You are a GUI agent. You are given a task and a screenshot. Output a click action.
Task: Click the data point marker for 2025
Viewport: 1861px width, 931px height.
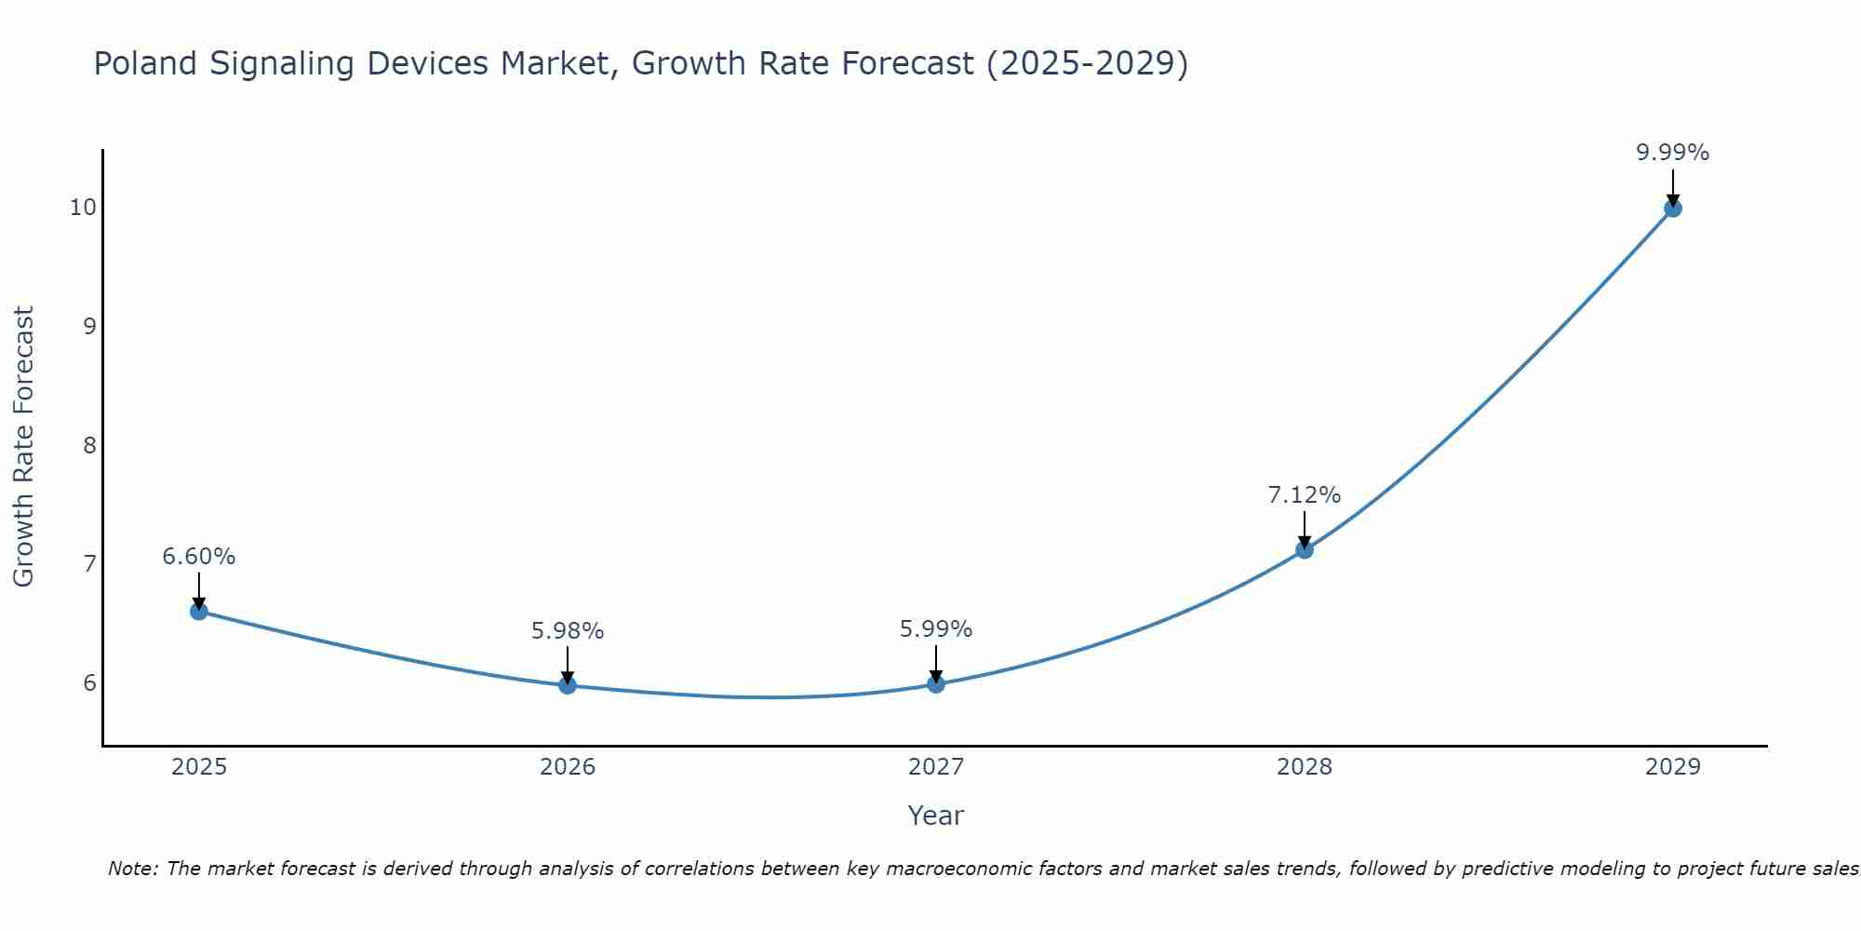(199, 611)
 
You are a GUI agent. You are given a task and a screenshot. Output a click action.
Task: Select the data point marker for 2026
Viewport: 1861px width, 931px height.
(568, 685)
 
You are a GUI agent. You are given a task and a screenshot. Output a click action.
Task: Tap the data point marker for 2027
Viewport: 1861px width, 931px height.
(936, 684)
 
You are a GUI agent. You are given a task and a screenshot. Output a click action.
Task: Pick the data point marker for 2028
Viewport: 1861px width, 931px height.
(1305, 549)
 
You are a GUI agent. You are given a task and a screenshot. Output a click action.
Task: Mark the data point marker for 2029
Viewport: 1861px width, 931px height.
(1673, 208)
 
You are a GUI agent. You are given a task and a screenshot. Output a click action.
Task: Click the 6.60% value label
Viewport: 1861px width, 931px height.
(199, 557)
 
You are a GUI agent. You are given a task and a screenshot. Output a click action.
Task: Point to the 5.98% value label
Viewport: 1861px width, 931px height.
(568, 631)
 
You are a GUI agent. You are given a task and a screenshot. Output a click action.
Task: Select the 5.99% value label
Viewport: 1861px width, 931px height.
(936, 629)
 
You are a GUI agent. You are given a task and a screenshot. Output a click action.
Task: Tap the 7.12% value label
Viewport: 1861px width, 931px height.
(1305, 495)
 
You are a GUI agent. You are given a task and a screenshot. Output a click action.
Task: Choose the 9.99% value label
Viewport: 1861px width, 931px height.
(1673, 153)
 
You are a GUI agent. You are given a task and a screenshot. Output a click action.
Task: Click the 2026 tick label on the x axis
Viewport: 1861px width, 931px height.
(568, 767)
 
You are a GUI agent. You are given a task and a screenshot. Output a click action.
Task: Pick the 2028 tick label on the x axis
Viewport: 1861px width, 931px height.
(1305, 767)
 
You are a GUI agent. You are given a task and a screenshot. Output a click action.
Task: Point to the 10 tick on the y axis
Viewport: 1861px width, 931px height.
(83, 207)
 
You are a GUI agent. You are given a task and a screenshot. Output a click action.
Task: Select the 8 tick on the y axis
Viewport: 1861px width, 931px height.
(89, 445)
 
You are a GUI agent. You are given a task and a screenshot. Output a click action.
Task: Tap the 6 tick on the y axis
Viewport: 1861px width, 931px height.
(89, 683)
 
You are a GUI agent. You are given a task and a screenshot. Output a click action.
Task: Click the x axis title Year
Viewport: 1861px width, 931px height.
(936, 816)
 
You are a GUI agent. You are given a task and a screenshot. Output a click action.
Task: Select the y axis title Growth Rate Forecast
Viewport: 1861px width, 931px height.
(24, 447)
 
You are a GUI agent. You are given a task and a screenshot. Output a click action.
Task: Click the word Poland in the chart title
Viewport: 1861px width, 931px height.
(146, 63)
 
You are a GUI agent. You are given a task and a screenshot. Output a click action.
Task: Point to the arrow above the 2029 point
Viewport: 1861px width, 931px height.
(1673, 186)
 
